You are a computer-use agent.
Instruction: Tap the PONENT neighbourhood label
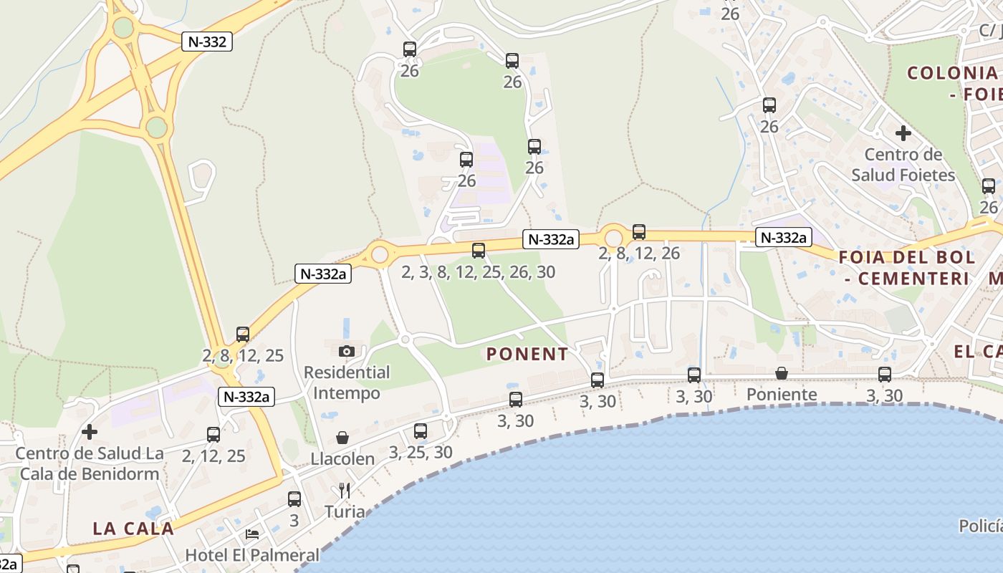click(527, 354)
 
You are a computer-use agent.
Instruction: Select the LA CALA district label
click(133, 529)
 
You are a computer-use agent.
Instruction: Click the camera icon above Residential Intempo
click(347, 351)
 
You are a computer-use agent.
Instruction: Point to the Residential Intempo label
click(347, 382)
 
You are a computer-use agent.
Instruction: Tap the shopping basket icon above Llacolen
click(342, 438)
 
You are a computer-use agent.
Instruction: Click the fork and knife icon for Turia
click(345, 491)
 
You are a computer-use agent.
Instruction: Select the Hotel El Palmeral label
click(252, 555)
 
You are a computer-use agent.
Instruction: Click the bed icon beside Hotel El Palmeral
click(252, 534)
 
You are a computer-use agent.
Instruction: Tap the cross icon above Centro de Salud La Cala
click(90, 432)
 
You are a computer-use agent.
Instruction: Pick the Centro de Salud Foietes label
click(903, 165)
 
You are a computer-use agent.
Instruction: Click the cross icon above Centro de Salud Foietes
click(903, 133)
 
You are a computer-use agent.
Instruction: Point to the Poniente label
click(782, 395)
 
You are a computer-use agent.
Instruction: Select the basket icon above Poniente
click(782, 373)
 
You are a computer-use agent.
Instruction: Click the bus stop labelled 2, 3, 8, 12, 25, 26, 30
click(479, 251)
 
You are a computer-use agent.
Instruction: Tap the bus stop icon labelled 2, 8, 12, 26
click(639, 232)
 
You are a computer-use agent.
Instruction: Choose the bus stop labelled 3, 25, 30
click(421, 431)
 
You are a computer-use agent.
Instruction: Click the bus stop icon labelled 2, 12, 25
click(213, 435)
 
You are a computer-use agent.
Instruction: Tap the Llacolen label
click(342, 459)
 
